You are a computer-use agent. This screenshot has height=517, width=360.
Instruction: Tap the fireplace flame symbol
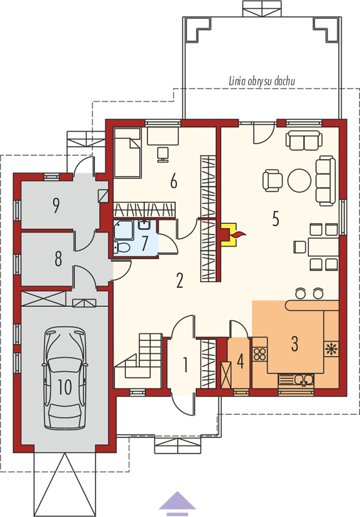coord(238,235)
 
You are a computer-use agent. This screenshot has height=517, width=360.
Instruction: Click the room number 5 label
coord(275,218)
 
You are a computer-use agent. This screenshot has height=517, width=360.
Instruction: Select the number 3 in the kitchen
coord(294,343)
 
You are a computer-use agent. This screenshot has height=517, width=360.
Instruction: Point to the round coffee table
coord(299,180)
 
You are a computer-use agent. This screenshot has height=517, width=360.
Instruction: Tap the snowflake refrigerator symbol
coord(330,350)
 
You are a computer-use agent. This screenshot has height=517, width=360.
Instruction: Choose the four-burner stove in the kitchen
coord(260,353)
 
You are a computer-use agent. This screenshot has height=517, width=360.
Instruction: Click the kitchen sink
coord(296,380)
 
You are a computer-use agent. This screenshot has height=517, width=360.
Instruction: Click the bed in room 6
coord(127,153)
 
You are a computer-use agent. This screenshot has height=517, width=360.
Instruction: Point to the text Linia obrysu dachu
coord(262,81)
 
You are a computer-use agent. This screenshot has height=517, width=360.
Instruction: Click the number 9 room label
coord(56,205)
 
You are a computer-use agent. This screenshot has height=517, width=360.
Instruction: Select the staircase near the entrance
coord(138,361)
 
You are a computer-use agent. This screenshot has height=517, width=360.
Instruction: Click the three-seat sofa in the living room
coord(325,180)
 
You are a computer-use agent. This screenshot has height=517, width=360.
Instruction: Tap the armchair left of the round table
coord(273,180)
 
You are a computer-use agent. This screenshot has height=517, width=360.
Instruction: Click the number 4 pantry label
coord(240,361)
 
